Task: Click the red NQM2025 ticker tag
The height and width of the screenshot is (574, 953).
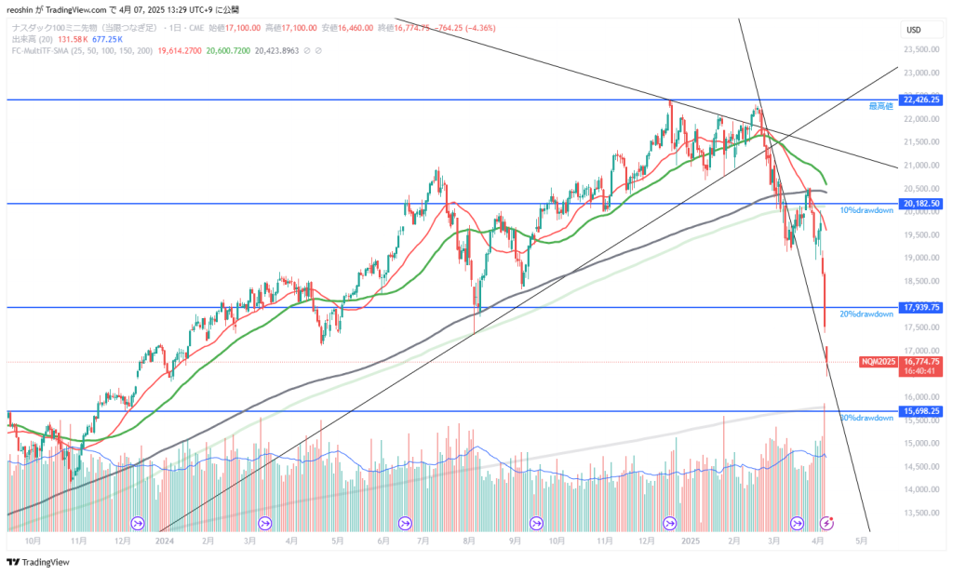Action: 879,361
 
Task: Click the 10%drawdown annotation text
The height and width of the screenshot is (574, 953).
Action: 866,210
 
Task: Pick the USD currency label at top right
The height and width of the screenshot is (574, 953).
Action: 913,31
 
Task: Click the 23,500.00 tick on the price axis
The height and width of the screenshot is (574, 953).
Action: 920,49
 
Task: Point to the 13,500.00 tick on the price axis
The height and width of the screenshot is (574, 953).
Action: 920,513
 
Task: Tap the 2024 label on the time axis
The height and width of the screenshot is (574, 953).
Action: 166,540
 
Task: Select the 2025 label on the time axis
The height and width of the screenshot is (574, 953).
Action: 690,540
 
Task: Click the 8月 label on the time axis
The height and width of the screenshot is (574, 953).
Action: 472,540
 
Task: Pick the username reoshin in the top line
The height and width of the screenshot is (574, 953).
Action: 25,9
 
